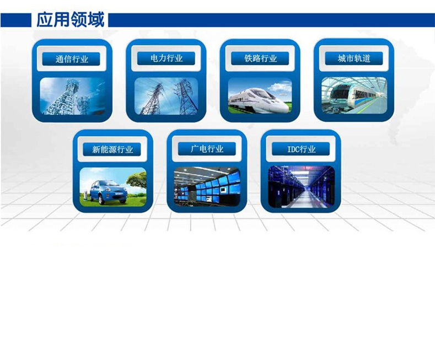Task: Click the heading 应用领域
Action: pos(71,20)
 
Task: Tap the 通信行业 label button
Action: pos(71,59)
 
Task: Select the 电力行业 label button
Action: pos(166,58)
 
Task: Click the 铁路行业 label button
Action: pos(260,58)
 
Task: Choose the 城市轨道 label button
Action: pos(354,58)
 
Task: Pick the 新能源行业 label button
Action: pos(112,149)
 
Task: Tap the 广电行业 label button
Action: pos(207,149)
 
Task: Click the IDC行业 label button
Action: pos(300,149)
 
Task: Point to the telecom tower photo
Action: pos(72,96)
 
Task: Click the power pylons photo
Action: pos(166,96)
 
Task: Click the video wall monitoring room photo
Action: pos(207,187)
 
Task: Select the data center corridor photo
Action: pos(301,187)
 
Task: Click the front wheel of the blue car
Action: pos(102,199)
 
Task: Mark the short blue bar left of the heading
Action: pos(16,20)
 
